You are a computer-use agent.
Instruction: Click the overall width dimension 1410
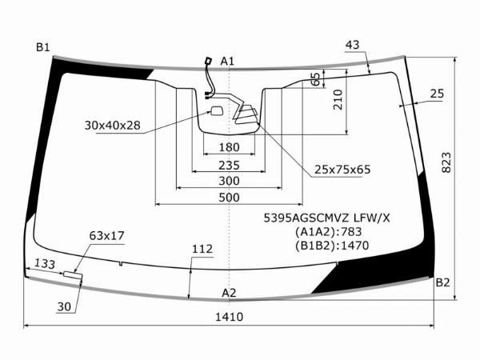pyautogui.click(x=229, y=317)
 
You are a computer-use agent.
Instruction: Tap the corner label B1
pyautogui.click(x=42, y=48)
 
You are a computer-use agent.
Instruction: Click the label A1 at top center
pyautogui.click(x=227, y=62)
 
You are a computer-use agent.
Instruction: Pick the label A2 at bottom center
pyautogui.click(x=229, y=292)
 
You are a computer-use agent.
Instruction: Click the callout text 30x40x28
pyautogui.click(x=112, y=126)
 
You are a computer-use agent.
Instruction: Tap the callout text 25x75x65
pyautogui.click(x=342, y=170)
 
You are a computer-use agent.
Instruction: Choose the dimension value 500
pyautogui.click(x=229, y=198)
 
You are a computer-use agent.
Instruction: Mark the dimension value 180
pyautogui.click(x=229, y=147)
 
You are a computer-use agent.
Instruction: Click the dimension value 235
pyautogui.click(x=229, y=165)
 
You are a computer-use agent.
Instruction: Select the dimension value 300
pyautogui.click(x=229, y=182)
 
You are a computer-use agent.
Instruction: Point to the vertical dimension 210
pyautogui.click(x=337, y=99)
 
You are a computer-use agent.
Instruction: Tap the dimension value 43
pyautogui.click(x=353, y=45)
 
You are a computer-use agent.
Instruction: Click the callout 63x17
pyautogui.click(x=106, y=235)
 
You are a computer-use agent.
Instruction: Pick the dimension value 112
pyautogui.click(x=202, y=250)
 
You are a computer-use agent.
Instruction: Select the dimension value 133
pyautogui.click(x=45, y=265)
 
